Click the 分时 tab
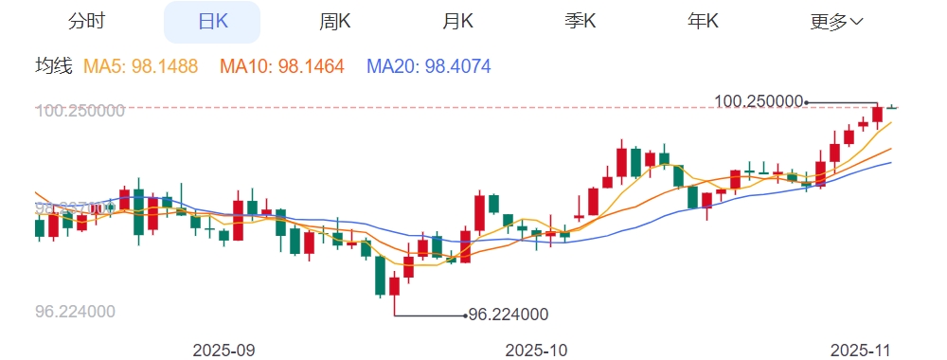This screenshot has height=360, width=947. (86, 22)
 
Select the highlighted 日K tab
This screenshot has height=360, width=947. (213, 22)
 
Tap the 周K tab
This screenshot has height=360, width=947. (335, 22)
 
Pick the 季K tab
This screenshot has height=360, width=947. (581, 22)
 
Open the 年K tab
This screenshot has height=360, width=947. (703, 22)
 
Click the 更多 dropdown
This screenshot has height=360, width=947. (836, 22)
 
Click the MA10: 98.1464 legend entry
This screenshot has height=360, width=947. (282, 66)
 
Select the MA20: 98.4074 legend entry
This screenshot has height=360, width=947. (428, 66)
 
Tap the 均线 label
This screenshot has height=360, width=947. (53, 66)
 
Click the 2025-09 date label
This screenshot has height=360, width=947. (223, 350)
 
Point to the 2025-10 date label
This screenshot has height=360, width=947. (537, 350)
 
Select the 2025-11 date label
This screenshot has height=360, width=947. (862, 350)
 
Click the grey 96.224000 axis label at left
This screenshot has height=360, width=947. (75, 312)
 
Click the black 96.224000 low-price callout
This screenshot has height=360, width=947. (509, 315)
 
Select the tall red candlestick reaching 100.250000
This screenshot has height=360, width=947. (877, 115)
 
